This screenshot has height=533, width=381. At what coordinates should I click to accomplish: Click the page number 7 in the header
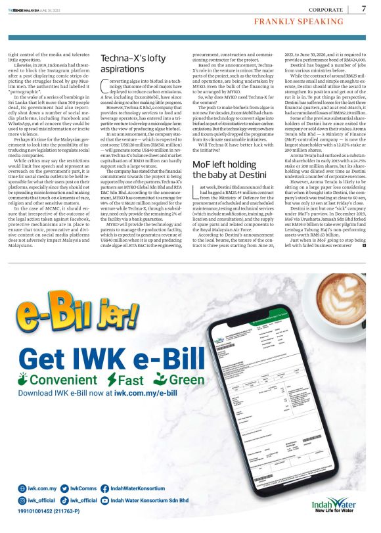pyautogui.click(x=364, y=9)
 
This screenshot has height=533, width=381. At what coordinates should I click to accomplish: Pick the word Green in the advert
pyautogui.click(x=187, y=380)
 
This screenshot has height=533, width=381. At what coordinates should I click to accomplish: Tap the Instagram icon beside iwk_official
pyautogui.click(x=22, y=500)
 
